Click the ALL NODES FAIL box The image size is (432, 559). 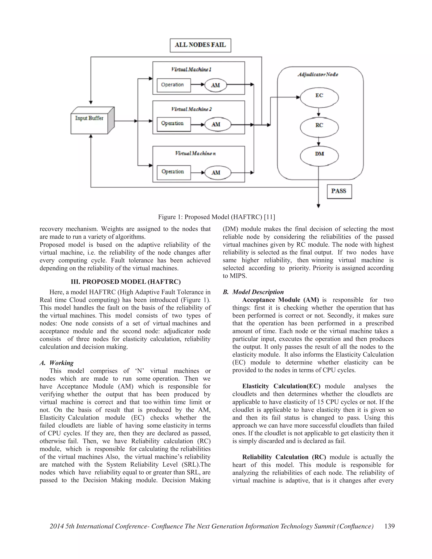(x=200, y=45)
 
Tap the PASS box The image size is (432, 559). (x=339, y=191)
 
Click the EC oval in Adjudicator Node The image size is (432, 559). (x=319, y=97)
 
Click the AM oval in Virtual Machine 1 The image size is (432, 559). (x=216, y=85)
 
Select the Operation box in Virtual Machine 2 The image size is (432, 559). (x=174, y=124)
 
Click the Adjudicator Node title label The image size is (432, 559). (x=318, y=74)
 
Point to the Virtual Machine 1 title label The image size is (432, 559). (x=191, y=69)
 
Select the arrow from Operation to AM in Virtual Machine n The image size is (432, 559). (x=198, y=173)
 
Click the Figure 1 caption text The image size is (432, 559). (x=216, y=217)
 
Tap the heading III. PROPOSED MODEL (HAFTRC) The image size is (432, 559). (x=126, y=282)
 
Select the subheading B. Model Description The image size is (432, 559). (x=253, y=292)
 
